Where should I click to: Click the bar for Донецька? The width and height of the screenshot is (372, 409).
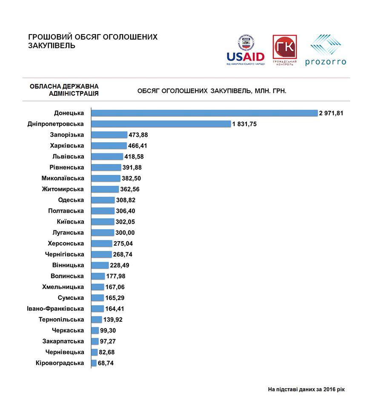coord(204,113)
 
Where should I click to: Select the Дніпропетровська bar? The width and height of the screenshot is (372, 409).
coord(161,124)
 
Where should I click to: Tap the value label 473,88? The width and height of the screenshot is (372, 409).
coord(138,135)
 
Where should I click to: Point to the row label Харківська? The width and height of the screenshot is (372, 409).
coord(67,146)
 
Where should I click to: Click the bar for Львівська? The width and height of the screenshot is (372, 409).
coord(107,156)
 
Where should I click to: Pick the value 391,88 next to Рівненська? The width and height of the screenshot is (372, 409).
coord(132,167)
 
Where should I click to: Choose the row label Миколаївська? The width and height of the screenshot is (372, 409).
coord(63,178)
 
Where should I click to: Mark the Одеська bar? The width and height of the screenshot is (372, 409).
coord(103,200)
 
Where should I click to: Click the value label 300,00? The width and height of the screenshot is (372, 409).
coord(125,233)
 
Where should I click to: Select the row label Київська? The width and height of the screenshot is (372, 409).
coord(70,222)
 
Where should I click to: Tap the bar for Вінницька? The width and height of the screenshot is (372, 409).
coord(100,265)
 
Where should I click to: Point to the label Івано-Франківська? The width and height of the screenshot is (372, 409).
coord(55,308)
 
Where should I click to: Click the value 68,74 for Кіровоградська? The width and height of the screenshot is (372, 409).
coord(106,363)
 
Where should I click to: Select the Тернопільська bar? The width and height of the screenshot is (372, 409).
coord(97,320)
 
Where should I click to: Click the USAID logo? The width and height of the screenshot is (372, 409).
coord(246,50)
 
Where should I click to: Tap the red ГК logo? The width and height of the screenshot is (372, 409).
coord(285,50)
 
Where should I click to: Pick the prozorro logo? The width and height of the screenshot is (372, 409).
coord(326,50)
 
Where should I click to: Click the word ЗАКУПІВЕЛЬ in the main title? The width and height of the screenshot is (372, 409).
coord(52,46)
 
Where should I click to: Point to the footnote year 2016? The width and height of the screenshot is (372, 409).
coord(329,389)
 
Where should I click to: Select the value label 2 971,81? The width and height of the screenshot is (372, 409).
coord(331,113)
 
